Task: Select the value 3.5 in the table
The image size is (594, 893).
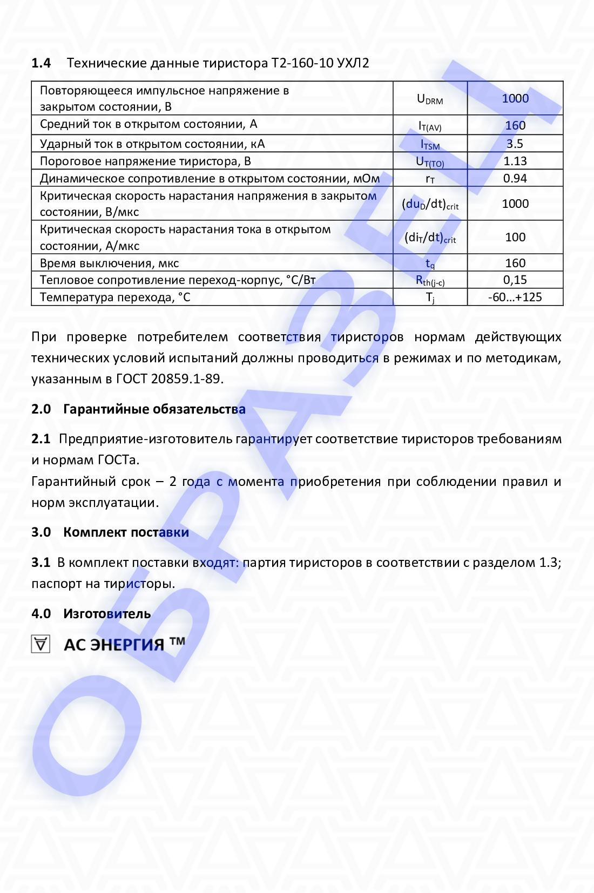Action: pos(515,144)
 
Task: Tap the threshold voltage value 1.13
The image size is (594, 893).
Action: pos(515,161)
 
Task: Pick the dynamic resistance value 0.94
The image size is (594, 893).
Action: pos(515,178)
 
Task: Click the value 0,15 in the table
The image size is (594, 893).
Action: pos(515,280)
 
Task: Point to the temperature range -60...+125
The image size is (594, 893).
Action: pos(515,297)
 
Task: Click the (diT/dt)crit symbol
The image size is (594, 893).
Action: pos(430,238)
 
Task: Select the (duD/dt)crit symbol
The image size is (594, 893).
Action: pos(430,204)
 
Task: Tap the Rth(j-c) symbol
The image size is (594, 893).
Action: pos(430,280)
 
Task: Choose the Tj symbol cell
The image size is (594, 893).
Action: pos(430,297)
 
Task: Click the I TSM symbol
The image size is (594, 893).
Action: pos(430,145)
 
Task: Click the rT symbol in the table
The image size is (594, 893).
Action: pos(430,179)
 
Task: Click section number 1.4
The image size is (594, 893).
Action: pos(41,63)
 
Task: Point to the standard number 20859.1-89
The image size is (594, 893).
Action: pos(186,378)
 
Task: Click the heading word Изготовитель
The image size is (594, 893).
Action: pos(107,613)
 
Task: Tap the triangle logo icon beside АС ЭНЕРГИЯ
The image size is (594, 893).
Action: pos(40,644)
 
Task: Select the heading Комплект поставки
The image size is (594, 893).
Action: pos(126,532)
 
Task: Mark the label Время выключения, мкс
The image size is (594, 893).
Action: pos(109,263)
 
